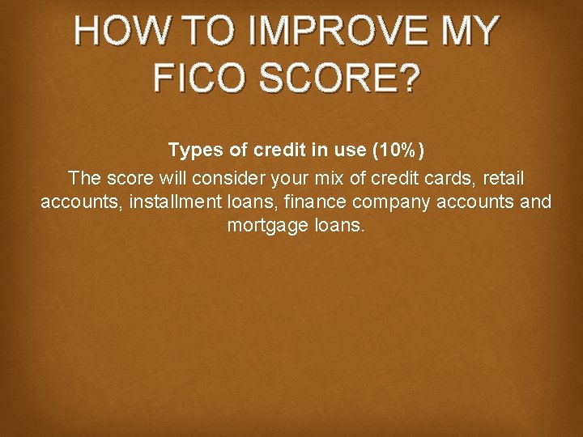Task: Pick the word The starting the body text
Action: tap(83, 176)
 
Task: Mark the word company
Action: tap(393, 202)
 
